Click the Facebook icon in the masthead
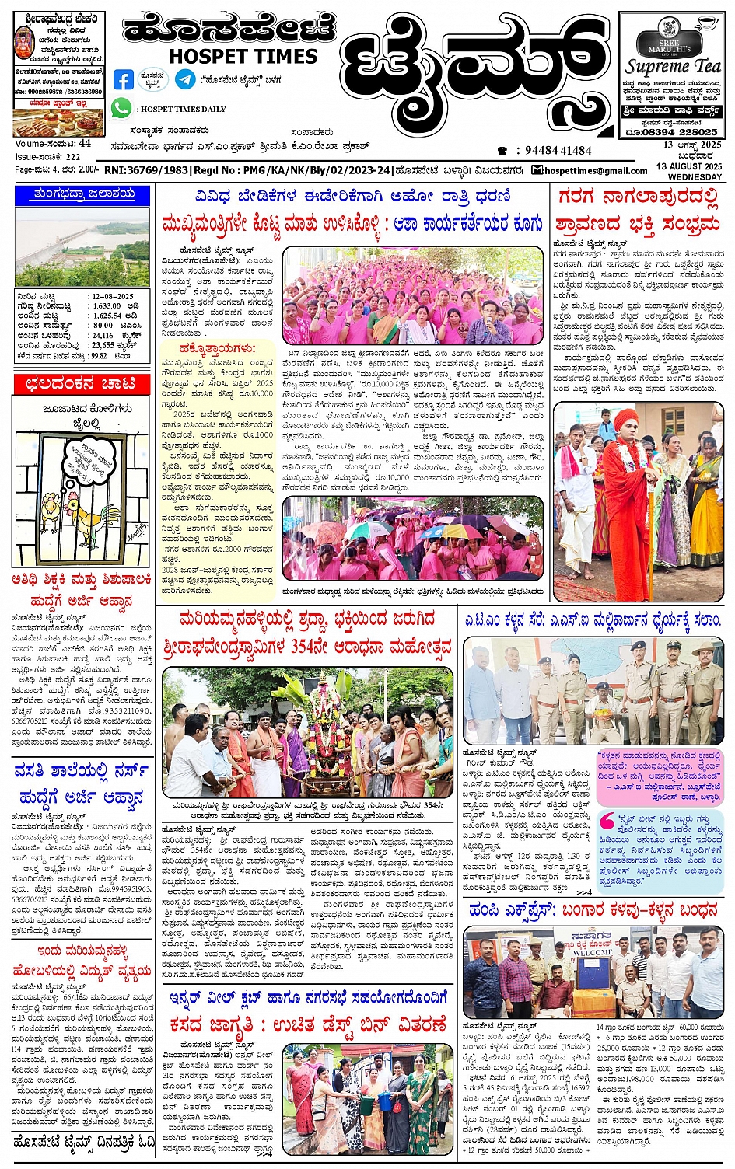point(123,79)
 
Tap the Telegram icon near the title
point(185,79)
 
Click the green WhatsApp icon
point(121,108)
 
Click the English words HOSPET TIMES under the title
point(243,56)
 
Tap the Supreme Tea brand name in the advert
point(673,66)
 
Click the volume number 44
point(85,144)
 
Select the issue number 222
point(72,156)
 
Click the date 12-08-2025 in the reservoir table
point(113,296)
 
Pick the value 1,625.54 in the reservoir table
point(109,316)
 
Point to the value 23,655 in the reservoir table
point(103,344)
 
